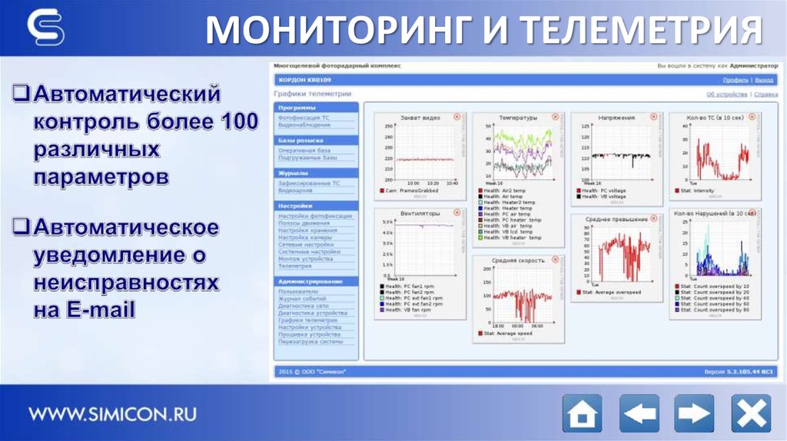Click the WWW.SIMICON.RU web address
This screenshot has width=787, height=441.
[x=113, y=414]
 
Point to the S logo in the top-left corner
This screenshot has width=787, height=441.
[x=45, y=28]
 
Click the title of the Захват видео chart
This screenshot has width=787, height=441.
[x=420, y=118]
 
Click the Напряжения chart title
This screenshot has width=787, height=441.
[x=616, y=118]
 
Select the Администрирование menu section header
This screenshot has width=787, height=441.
[x=311, y=281]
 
